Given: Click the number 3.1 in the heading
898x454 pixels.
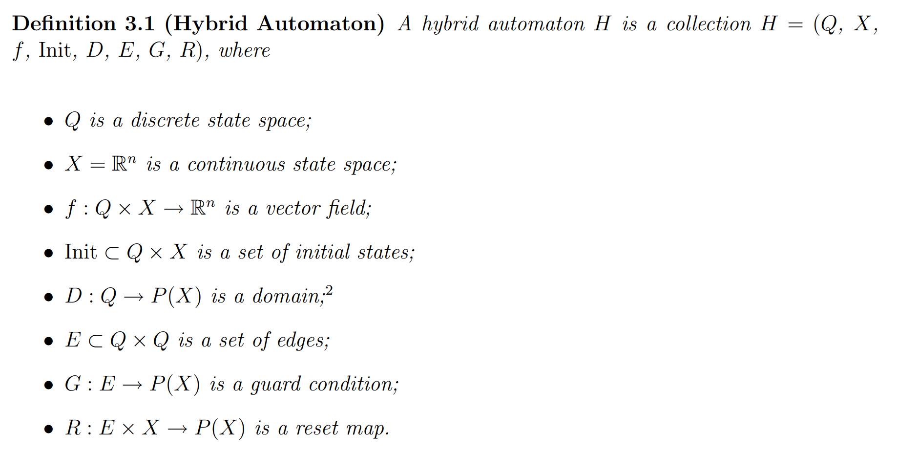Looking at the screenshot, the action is [x=139, y=23].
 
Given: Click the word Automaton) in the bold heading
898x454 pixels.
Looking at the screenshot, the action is [x=321, y=23].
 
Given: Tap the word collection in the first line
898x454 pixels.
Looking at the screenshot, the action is [x=709, y=23].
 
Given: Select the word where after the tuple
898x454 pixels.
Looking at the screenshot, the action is [x=245, y=50].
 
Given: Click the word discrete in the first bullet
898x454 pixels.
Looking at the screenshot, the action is [x=166, y=120].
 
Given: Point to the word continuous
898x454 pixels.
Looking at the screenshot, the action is [x=236, y=165].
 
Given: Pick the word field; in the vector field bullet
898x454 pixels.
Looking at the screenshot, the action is [x=349, y=209].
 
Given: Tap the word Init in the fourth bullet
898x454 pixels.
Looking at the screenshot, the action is [x=81, y=252].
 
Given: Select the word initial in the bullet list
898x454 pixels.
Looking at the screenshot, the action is [x=323, y=252].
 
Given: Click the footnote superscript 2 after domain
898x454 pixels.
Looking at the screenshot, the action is [x=329, y=291].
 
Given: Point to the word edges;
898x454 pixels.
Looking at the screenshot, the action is [x=303, y=341].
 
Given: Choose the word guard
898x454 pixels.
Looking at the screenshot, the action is [x=275, y=385].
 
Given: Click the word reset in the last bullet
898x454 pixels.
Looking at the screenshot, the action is [x=317, y=429].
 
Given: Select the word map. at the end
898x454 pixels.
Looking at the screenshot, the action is [x=368, y=429].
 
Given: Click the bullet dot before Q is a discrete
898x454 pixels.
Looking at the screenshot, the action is [x=48, y=121].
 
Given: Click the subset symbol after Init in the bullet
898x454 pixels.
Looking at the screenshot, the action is [x=112, y=253].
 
